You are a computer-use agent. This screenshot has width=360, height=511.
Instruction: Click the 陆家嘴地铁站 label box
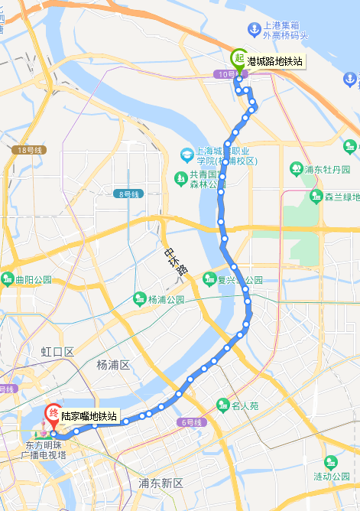click(90, 416)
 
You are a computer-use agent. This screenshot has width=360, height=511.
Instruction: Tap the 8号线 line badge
click(130, 194)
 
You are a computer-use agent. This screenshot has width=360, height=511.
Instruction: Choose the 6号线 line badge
click(191, 422)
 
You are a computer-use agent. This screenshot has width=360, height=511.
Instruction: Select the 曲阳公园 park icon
click(7, 279)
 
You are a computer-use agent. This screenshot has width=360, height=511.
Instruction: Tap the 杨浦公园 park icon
click(139, 298)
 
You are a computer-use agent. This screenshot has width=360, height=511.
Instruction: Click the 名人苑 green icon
click(222, 404)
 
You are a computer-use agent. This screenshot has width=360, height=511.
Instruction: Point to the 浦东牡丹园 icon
click(296, 168)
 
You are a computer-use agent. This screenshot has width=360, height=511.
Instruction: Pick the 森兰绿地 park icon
click(316, 197)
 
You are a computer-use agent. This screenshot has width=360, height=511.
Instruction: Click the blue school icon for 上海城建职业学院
click(186, 155)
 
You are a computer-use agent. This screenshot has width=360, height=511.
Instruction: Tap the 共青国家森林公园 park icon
click(180, 179)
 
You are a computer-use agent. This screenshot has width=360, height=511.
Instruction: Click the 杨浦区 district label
click(115, 365)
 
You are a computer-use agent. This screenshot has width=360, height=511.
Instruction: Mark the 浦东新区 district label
click(161, 483)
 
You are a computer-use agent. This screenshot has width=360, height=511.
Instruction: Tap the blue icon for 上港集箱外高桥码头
click(254, 29)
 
